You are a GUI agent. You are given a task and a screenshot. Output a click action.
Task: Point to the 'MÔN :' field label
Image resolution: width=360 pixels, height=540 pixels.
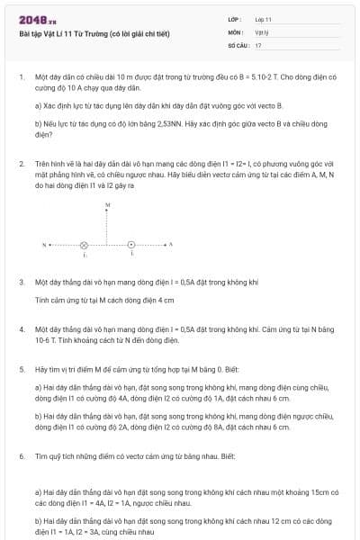236,31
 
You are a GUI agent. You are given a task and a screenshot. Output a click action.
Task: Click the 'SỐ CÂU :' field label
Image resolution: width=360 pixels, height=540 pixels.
238,44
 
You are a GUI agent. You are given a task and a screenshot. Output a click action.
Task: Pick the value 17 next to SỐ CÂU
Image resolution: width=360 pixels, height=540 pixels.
258,44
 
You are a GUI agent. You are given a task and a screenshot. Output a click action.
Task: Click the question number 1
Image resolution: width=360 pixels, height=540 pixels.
22,77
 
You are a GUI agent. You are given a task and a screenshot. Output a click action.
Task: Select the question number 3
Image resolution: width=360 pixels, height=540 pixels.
22,282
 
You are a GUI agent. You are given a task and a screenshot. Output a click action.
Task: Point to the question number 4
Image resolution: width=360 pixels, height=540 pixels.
22,329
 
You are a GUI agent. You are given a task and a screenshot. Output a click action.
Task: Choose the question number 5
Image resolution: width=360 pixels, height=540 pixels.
22,369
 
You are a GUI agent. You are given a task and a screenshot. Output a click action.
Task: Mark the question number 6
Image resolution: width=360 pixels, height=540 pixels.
22,456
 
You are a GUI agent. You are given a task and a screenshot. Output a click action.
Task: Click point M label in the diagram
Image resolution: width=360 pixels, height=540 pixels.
108,206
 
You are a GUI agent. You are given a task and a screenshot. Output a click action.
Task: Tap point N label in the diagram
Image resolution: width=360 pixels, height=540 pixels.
44,244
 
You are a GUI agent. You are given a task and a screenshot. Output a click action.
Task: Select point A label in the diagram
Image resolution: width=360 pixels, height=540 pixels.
170,244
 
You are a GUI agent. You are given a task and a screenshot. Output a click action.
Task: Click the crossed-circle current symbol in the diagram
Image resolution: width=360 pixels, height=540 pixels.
85,244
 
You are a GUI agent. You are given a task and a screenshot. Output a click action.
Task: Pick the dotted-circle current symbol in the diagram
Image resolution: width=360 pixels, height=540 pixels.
131,244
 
